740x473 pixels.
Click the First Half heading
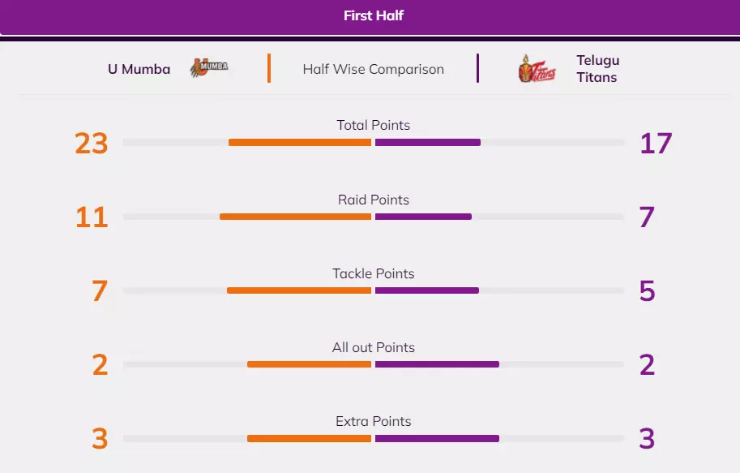pos(373,15)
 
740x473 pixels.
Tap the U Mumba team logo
pos(209,68)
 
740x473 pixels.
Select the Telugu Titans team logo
pos(537,69)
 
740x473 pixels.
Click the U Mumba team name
pos(139,69)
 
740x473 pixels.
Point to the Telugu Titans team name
pos(597,69)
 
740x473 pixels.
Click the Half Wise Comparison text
pos(373,69)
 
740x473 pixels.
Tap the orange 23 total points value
pos(92,144)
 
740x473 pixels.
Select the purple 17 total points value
pos(656,144)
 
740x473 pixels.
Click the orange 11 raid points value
pos(92,217)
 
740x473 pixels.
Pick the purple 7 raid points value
pos(647,217)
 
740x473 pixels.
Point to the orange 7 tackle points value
pos(100,291)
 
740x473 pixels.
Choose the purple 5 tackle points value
pos(647,291)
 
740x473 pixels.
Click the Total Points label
pos(373,125)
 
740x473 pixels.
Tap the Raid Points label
pos(373,200)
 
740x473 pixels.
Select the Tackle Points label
pos(373,273)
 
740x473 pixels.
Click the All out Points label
pos(373,347)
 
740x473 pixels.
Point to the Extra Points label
pos(373,421)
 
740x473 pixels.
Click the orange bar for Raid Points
pos(295,217)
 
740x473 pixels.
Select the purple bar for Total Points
pos(428,143)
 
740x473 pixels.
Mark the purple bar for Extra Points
pos(437,439)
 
